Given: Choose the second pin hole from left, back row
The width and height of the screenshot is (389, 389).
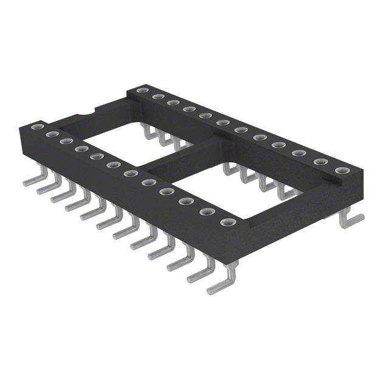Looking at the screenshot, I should coord(157,97).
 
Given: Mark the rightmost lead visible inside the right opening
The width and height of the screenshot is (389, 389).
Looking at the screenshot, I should coord(284,191).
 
